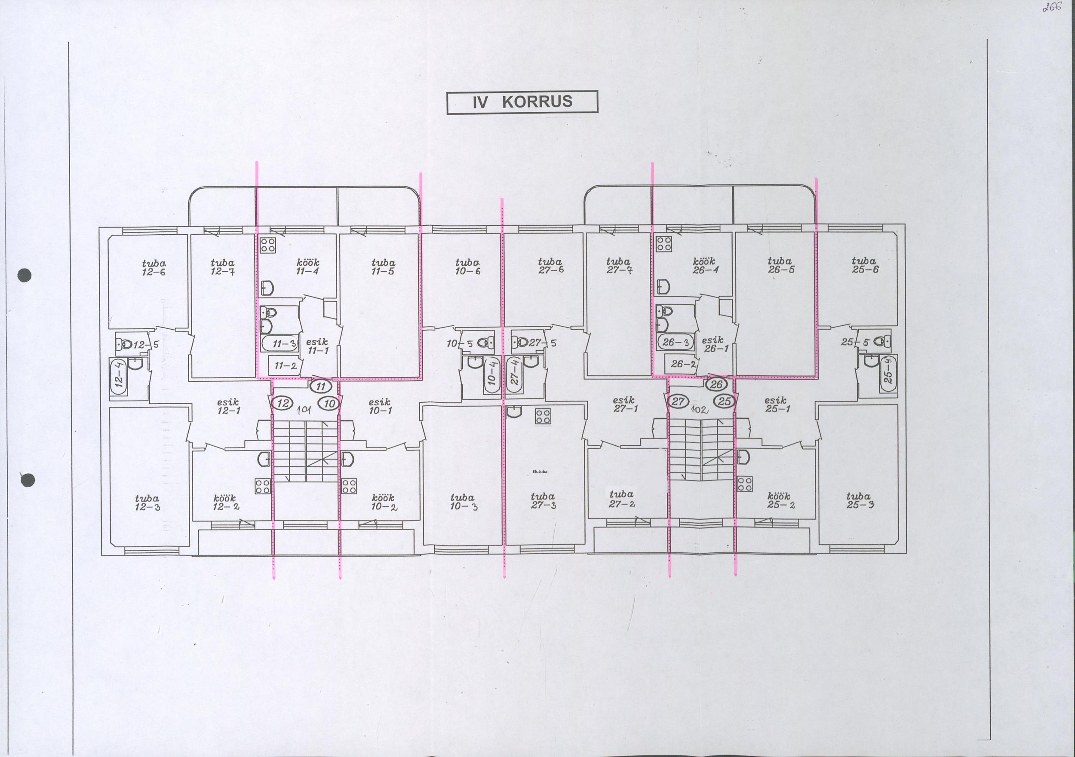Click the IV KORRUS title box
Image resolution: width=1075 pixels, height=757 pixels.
[522, 102]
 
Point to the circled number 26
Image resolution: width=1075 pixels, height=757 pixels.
[716, 385]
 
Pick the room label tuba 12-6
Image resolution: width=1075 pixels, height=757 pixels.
[154, 268]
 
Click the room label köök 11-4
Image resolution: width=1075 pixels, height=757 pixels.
[307, 267]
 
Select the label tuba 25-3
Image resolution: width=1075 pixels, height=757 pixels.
[860, 500]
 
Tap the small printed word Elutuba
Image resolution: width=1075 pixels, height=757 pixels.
[540, 472]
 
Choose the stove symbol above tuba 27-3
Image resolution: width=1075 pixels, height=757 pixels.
[543, 416]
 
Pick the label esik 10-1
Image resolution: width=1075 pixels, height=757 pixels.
[380, 406]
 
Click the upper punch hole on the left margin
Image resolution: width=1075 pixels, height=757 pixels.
[25, 275]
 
